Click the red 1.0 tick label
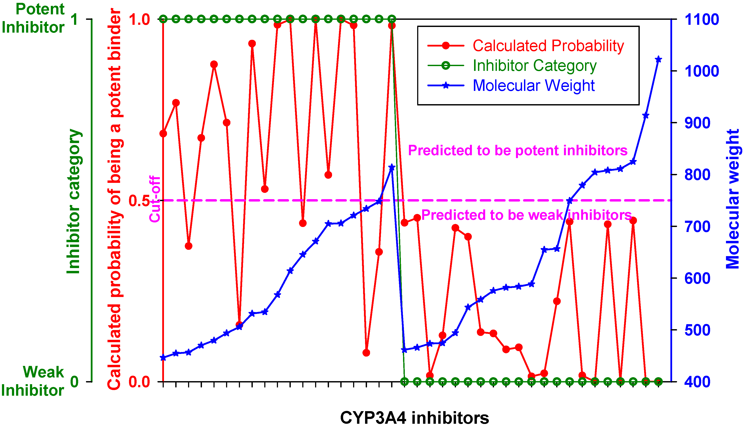pos(139,20)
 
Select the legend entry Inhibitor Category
pos(535,65)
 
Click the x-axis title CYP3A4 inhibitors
pos(415,418)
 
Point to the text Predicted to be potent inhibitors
pos(517,150)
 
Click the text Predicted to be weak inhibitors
pos(526,215)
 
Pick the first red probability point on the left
pos(163,134)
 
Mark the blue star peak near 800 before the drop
pos(392,167)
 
